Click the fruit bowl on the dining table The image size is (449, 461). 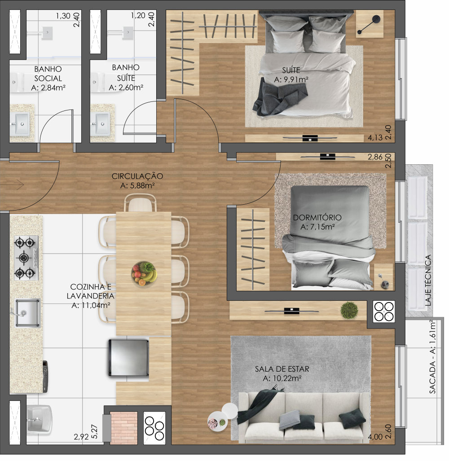(x=144, y=274)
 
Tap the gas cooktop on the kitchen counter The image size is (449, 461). (x=26, y=258)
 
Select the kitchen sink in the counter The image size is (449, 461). (x=27, y=313)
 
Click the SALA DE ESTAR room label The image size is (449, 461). (x=282, y=369)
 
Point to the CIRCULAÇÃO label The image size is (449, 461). (x=137, y=176)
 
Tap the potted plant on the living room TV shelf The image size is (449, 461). (x=349, y=310)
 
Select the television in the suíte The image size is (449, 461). (x=310, y=138)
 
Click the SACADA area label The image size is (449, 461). (x=432, y=356)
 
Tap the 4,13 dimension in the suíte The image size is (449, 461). (x=375, y=138)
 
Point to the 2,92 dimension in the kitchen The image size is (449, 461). (x=81, y=437)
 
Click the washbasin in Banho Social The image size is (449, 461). (x=20, y=124)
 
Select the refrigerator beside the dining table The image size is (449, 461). (x=128, y=357)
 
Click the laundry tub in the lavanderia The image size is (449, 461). (x=39, y=420)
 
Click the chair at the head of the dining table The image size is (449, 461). (x=140, y=203)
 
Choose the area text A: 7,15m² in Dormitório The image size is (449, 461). (x=317, y=227)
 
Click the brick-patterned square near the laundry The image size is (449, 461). (x=124, y=428)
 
